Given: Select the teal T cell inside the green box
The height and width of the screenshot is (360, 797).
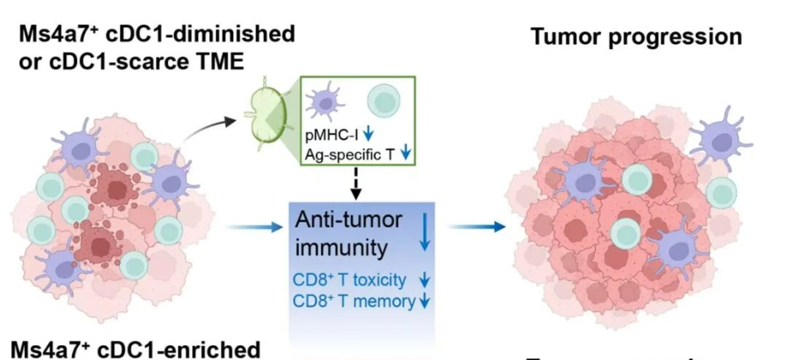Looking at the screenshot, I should tap(386, 103).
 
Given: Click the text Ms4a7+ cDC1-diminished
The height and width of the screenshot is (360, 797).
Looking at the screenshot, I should tap(153, 35).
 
